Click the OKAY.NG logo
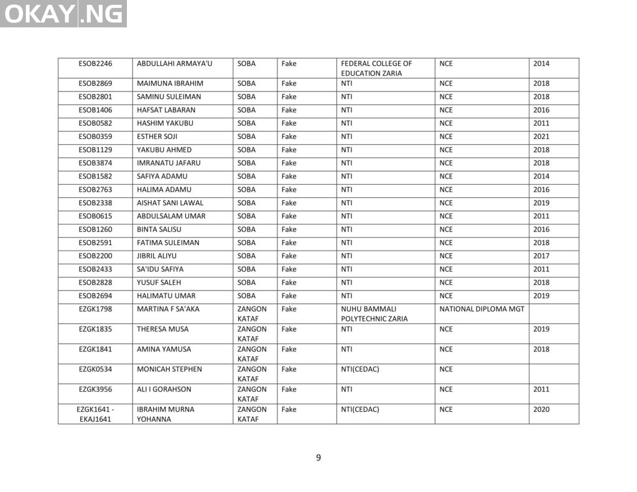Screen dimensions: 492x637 [63, 14]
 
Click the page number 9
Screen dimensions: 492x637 [318, 458]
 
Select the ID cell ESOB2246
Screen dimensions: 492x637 [95, 63]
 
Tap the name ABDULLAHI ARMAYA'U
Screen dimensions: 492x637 [174, 63]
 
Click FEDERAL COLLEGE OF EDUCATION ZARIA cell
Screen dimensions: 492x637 [376, 68]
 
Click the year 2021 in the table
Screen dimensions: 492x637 [541, 136]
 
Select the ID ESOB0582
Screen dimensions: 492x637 [95, 123]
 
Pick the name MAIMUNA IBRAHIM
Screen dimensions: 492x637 [170, 83]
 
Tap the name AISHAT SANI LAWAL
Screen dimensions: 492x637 [170, 203]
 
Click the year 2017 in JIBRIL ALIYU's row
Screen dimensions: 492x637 [541, 256]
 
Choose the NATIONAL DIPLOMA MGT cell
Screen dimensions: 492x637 [481, 309]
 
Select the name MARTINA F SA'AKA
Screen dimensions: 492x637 [168, 309]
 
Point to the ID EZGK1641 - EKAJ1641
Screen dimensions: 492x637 [95, 414]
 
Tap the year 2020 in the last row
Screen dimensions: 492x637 [541, 410]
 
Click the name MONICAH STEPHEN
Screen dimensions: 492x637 [169, 369]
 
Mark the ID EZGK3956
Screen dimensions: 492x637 [95, 389]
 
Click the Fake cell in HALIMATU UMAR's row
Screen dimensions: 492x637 [289, 295]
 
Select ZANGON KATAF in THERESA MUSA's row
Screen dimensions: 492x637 [252, 334]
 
